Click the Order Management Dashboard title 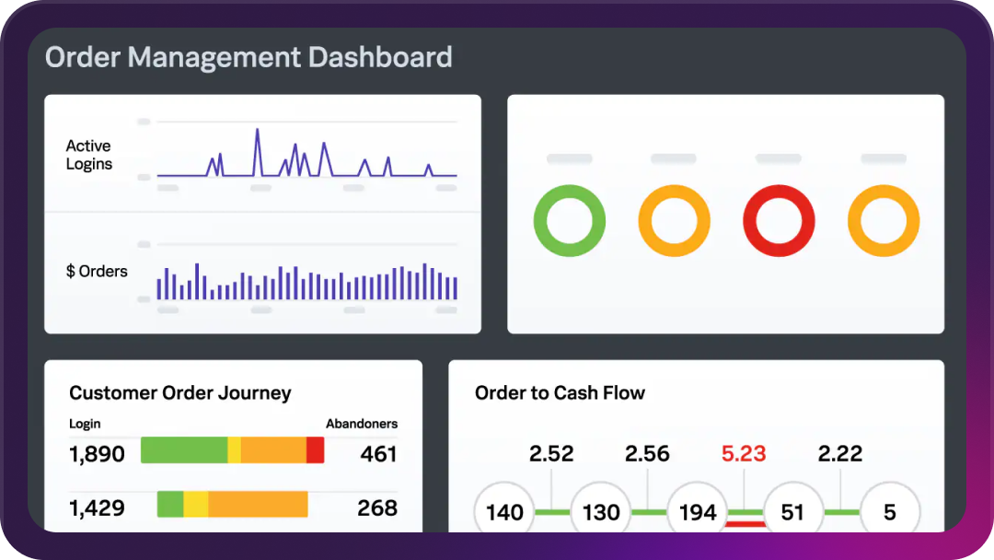[248, 57]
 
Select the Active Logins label [89, 155]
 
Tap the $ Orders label [97, 272]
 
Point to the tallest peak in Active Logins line [257, 131]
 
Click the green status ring [570, 221]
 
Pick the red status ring [779, 221]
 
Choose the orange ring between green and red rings [674, 221]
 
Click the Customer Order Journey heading [180, 393]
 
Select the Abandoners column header [362, 424]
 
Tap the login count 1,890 [98, 454]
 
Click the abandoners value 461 [378, 454]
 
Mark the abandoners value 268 [377, 507]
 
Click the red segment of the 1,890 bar [315, 450]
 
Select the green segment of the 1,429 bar [170, 505]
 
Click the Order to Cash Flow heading [560, 393]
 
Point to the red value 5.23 [744, 454]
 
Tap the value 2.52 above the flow [551, 454]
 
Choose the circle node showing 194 [698, 512]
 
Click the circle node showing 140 [504, 512]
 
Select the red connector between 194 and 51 [745, 523]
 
